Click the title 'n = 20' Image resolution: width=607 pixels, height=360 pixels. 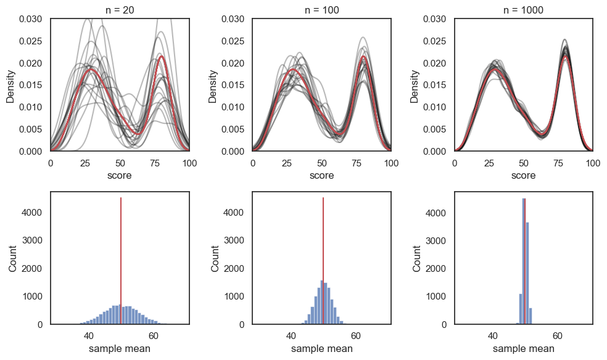pyautogui.click(x=120, y=10)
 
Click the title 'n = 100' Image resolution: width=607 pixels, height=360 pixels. pyautogui.click(x=321, y=10)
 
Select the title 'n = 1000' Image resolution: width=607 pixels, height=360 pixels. pyautogui.click(x=524, y=10)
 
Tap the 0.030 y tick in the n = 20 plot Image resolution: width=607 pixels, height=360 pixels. pyautogui.click(x=31, y=19)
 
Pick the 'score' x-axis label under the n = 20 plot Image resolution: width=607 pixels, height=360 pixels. pyautogui.click(x=120, y=176)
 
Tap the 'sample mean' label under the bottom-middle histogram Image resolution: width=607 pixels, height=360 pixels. pyautogui.click(x=321, y=349)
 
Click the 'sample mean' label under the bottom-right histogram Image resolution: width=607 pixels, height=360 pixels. pyautogui.click(x=524, y=349)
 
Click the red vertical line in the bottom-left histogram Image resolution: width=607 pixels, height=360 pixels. pyautogui.click(x=121, y=259)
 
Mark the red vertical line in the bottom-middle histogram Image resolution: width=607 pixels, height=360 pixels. pyautogui.click(x=323, y=259)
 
